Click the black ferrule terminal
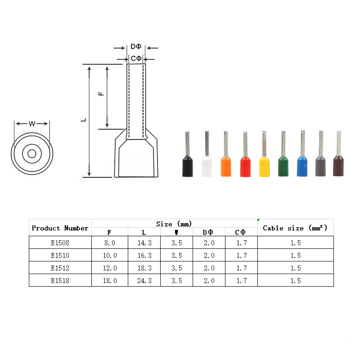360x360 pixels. click(187, 158)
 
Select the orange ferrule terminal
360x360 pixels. click(226, 158)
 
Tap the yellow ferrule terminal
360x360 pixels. click(264, 158)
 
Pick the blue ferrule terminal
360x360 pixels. click(302, 158)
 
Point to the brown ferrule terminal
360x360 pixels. click(338, 158)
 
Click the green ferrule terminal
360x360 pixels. click(283, 158)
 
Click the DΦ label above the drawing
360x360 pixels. click(136, 46)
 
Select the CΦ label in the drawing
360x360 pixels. click(136, 58)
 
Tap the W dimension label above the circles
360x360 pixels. click(32, 124)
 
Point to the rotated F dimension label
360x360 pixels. click(101, 94)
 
